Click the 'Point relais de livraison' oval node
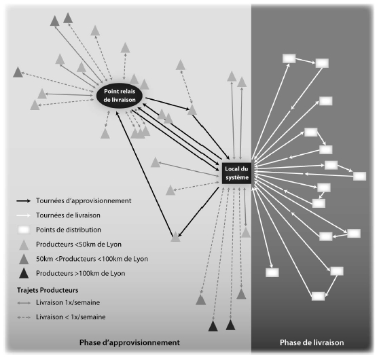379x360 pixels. (x=120, y=96)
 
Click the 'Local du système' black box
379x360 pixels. (x=236, y=173)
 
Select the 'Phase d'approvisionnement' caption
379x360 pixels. (x=130, y=342)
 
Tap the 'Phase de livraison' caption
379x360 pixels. (x=312, y=342)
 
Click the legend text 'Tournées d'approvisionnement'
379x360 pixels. (x=84, y=200)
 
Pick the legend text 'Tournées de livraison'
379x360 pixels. (x=68, y=215)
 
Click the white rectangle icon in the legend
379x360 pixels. (x=24, y=230)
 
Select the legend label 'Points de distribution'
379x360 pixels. (x=69, y=230)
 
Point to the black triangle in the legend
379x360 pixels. (x=24, y=273)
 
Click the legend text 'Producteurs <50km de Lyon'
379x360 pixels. (x=79, y=245)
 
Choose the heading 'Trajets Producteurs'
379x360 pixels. (x=48, y=290)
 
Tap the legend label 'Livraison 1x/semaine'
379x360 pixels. (x=68, y=302)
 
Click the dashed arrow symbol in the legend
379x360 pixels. (x=24, y=317)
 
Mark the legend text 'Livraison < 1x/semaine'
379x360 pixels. (x=71, y=317)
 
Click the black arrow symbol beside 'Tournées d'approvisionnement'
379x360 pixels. (x=24, y=201)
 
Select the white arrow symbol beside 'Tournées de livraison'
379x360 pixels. (x=24, y=215)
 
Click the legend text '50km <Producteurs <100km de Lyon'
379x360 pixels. (x=92, y=259)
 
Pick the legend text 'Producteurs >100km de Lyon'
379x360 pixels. (x=81, y=274)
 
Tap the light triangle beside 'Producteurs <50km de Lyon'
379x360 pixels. (x=24, y=245)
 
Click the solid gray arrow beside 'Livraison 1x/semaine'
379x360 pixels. (x=24, y=303)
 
